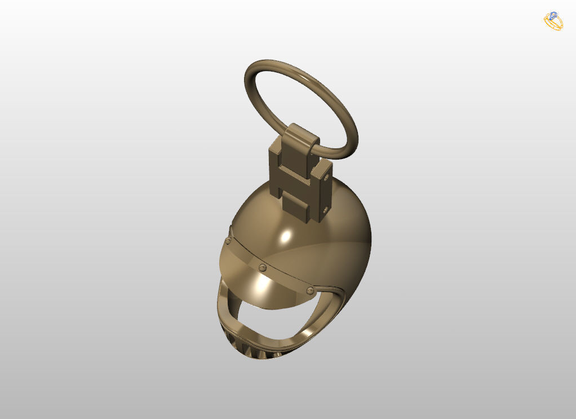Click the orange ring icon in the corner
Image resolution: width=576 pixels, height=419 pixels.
553,21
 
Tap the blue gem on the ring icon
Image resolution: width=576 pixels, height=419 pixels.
553,15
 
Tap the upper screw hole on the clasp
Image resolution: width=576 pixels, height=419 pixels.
327,177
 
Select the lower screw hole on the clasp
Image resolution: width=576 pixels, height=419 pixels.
324,210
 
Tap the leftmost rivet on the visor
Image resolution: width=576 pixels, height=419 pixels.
228,241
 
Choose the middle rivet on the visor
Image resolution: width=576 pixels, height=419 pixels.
262,267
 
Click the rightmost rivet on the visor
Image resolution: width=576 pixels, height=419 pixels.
309,290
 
